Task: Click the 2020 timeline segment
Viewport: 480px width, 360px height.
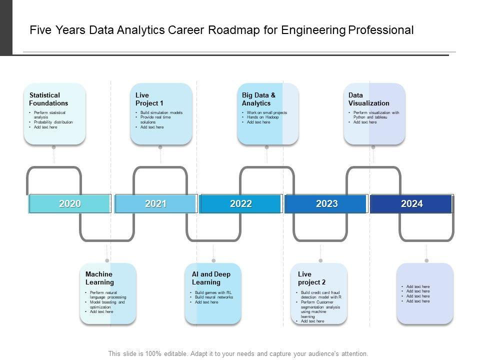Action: [x=70, y=203]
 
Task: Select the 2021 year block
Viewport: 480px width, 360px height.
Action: [x=155, y=203]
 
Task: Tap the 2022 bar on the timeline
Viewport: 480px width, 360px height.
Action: [x=240, y=203]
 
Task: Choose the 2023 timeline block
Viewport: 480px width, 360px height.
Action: [x=326, y=203]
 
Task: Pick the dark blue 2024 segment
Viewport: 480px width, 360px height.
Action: [x=411, y=203]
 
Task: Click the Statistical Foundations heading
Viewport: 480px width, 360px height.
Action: [x=48, y=99]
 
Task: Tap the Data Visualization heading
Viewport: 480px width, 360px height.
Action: [x=368, y=99]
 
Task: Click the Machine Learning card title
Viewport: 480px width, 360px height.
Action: [x=99, y=278]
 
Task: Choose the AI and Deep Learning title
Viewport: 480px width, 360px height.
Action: [x=211, y=278]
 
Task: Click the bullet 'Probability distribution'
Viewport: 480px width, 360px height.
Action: [x=53, y=122]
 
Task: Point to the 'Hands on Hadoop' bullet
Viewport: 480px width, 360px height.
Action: [x=262, y=117]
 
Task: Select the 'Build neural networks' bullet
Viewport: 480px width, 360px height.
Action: [x=214, y=297]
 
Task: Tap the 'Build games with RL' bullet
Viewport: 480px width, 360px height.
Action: [x=213, y=292]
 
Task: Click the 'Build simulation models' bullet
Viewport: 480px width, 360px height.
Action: [x=161, y=112]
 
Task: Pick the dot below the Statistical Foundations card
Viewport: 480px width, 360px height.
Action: [x=53, y=147]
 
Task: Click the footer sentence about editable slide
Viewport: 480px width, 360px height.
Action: [x=238, y=353]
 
